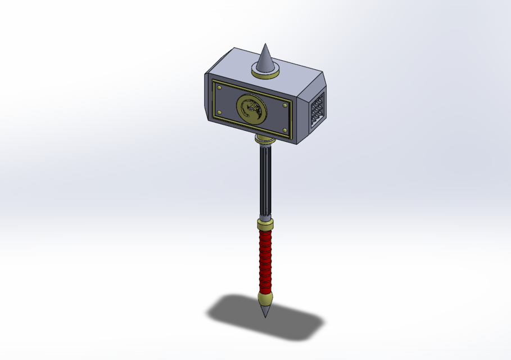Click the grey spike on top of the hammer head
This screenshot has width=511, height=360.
tap(265, 58)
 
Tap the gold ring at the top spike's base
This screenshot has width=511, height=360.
tap(265, 71)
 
